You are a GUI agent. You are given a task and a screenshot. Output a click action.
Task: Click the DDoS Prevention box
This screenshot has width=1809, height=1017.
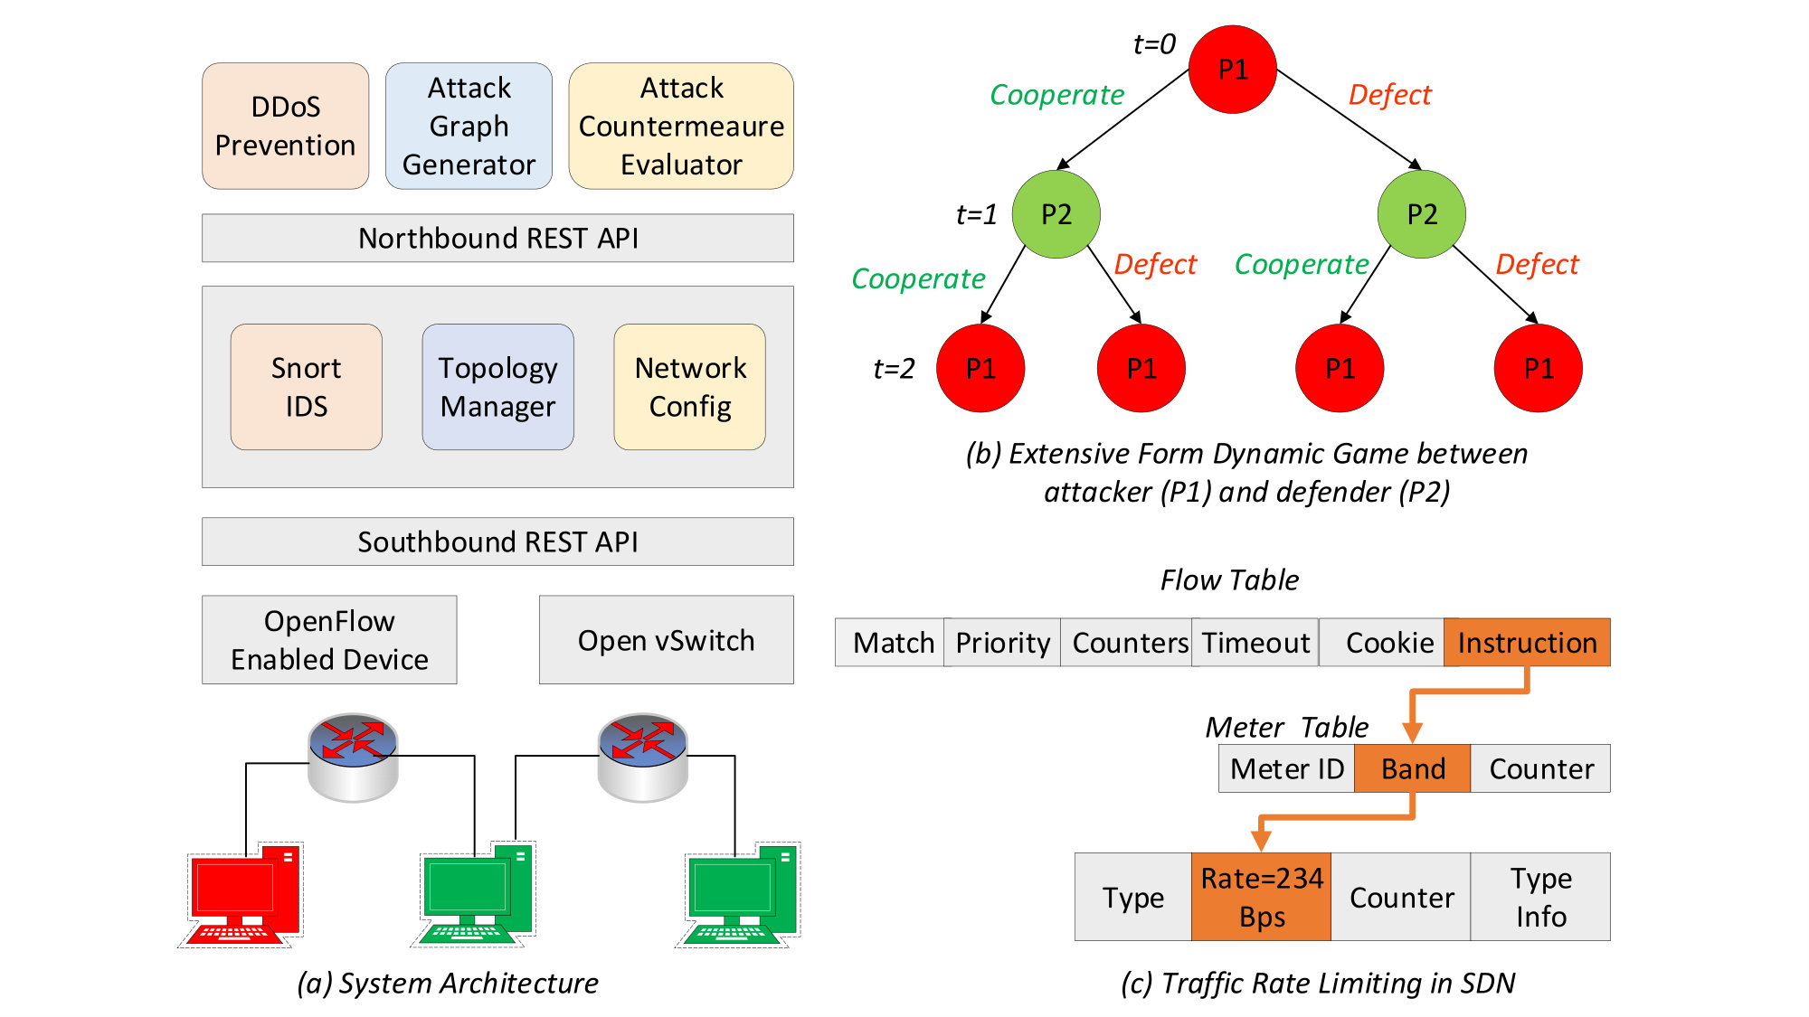coord(285,126)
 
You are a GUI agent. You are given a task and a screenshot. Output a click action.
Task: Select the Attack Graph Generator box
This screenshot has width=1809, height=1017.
coord(469,126)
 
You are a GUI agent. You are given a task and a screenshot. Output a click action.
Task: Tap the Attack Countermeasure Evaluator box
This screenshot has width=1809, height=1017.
coord(681,126)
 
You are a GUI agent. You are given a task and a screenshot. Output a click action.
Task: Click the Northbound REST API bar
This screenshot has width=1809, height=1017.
coord(497,238)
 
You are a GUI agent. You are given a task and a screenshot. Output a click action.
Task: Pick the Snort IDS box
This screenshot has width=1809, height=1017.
coord(306,387)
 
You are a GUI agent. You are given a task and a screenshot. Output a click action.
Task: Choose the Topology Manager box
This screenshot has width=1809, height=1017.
coord(497,387)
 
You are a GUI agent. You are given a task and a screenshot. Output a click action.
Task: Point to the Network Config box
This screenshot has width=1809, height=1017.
coord(690,387)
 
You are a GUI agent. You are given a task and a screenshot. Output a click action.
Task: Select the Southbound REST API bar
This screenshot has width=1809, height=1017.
coord(497,541)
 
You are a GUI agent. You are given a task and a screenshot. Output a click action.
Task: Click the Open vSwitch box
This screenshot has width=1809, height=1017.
coord(667,640)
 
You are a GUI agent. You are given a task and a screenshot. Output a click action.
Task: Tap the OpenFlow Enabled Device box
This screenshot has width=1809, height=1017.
coord(329,640)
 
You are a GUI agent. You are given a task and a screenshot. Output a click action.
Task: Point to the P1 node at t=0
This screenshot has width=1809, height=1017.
coord(1232,70)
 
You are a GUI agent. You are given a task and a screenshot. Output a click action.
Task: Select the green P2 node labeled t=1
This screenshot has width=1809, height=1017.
coord(1056,214)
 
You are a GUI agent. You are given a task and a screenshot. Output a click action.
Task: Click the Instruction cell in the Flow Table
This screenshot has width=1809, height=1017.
coord(1527,643)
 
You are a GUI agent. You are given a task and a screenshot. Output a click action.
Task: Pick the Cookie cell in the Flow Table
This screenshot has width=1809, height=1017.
coord(1382,643)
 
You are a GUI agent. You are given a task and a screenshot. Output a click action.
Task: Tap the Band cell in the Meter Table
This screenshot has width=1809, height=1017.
coord(1412,768)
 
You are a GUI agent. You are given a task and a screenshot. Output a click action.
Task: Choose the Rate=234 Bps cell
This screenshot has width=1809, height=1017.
coord(1261,897)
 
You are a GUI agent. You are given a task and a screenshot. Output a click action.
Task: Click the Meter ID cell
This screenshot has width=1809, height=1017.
coord(1286,768)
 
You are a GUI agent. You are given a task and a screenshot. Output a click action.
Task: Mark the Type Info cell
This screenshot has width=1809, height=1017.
coord(1540,897)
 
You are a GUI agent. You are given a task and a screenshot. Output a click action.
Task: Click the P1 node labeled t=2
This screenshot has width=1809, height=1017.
coord(980,368)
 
